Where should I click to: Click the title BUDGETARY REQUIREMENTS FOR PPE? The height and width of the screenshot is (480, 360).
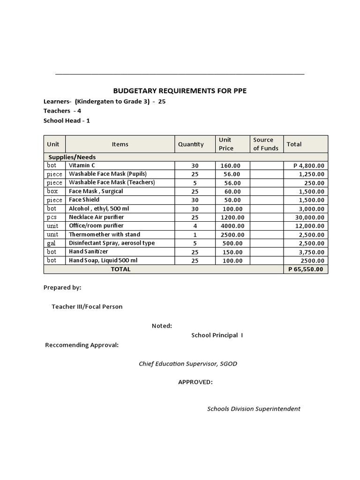pos(180,91)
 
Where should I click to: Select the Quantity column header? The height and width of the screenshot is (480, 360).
pos(191,144)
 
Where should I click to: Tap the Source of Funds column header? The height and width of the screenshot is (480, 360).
pos(265,144)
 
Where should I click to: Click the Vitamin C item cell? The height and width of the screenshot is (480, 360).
pos(82,165)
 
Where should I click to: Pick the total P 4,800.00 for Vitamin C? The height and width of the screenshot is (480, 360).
pos(308,165)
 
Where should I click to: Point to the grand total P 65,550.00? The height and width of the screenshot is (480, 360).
pos(306,270)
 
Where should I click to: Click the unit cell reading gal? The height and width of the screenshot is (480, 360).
pos(51,243)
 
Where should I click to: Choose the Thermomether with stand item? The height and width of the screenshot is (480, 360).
pos(105,234)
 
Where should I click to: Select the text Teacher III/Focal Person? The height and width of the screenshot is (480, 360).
pos(87,307)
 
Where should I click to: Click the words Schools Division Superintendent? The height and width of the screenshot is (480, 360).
pos(254,409)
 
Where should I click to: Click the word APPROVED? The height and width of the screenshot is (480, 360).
pos(195,382)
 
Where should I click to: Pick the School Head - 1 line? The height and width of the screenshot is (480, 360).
pos(67,120)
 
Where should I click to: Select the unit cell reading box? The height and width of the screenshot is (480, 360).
pos(52,191)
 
